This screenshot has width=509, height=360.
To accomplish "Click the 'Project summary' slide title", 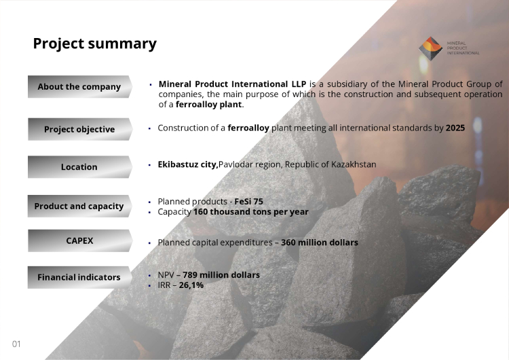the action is tap(95, 44).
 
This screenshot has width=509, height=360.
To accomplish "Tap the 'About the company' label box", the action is tap(80, 87).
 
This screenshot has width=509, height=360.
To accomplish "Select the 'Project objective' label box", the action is tap(80, 129).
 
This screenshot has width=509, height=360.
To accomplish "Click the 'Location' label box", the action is tap(80, 167).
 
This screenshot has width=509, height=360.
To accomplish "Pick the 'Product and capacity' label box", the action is tap(80, 206).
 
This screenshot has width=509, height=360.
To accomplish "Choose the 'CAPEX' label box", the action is tap(80, 240).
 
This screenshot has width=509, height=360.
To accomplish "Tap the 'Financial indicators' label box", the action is tap(80, 278).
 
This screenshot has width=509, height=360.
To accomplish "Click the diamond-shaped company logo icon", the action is tap(430, 48).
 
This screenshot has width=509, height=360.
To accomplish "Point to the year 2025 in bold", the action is tap(455, 128).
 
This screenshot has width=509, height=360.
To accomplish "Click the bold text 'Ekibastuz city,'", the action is tap(188, 165).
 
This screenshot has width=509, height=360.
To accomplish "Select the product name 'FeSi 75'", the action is tap(248, 202).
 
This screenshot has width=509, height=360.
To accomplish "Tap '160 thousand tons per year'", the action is tap(251, 212).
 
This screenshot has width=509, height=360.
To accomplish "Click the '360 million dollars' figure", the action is tap(320, 242).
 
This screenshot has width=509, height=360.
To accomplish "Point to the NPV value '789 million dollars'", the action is tap(221, 275).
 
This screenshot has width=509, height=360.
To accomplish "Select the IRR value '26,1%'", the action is tap(191, 285).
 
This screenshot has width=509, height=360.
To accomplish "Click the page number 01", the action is tap(16, 344).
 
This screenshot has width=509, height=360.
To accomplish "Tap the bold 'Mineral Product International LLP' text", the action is tap(232, 84).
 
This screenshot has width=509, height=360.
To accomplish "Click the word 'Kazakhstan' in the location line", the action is tap(354, 164).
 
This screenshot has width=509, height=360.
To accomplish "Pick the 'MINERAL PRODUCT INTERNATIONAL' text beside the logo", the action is tap(464, 48).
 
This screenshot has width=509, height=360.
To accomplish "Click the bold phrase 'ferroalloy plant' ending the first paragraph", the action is tap(209, 105).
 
